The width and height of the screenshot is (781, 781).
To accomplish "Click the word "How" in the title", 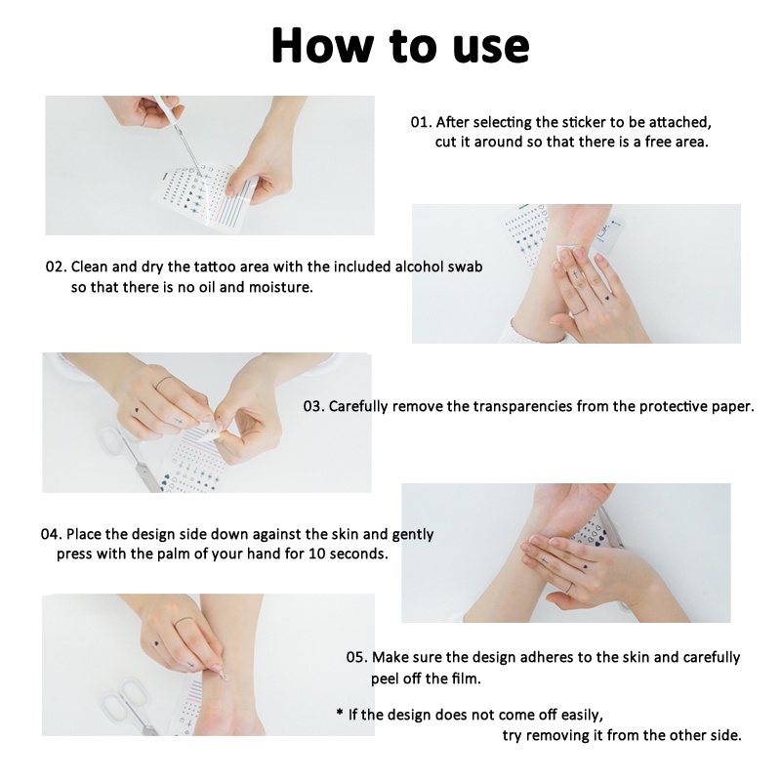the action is (x=322, y=45).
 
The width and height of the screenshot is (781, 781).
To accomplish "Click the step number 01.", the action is (x=422, y=123).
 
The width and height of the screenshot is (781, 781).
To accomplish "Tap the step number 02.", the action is (x=57, y=267).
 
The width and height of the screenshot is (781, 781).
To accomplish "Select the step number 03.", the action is (x=313, y=406).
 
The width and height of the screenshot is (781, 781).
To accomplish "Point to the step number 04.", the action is (x=52, y=534).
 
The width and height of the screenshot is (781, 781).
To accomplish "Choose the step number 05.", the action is (x=357, y=657).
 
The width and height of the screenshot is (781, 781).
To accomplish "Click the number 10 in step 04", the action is (x=316, y=554).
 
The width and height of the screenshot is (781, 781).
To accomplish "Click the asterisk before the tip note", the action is (x=340, y=713).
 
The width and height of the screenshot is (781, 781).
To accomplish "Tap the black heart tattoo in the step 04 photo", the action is (x=585, y=566).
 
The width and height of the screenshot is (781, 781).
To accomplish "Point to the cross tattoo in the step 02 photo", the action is (x=575, y=274).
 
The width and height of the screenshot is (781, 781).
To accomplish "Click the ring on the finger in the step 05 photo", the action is (x=184, y=621).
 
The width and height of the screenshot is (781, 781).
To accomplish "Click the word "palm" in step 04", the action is (x=175, y=555).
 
